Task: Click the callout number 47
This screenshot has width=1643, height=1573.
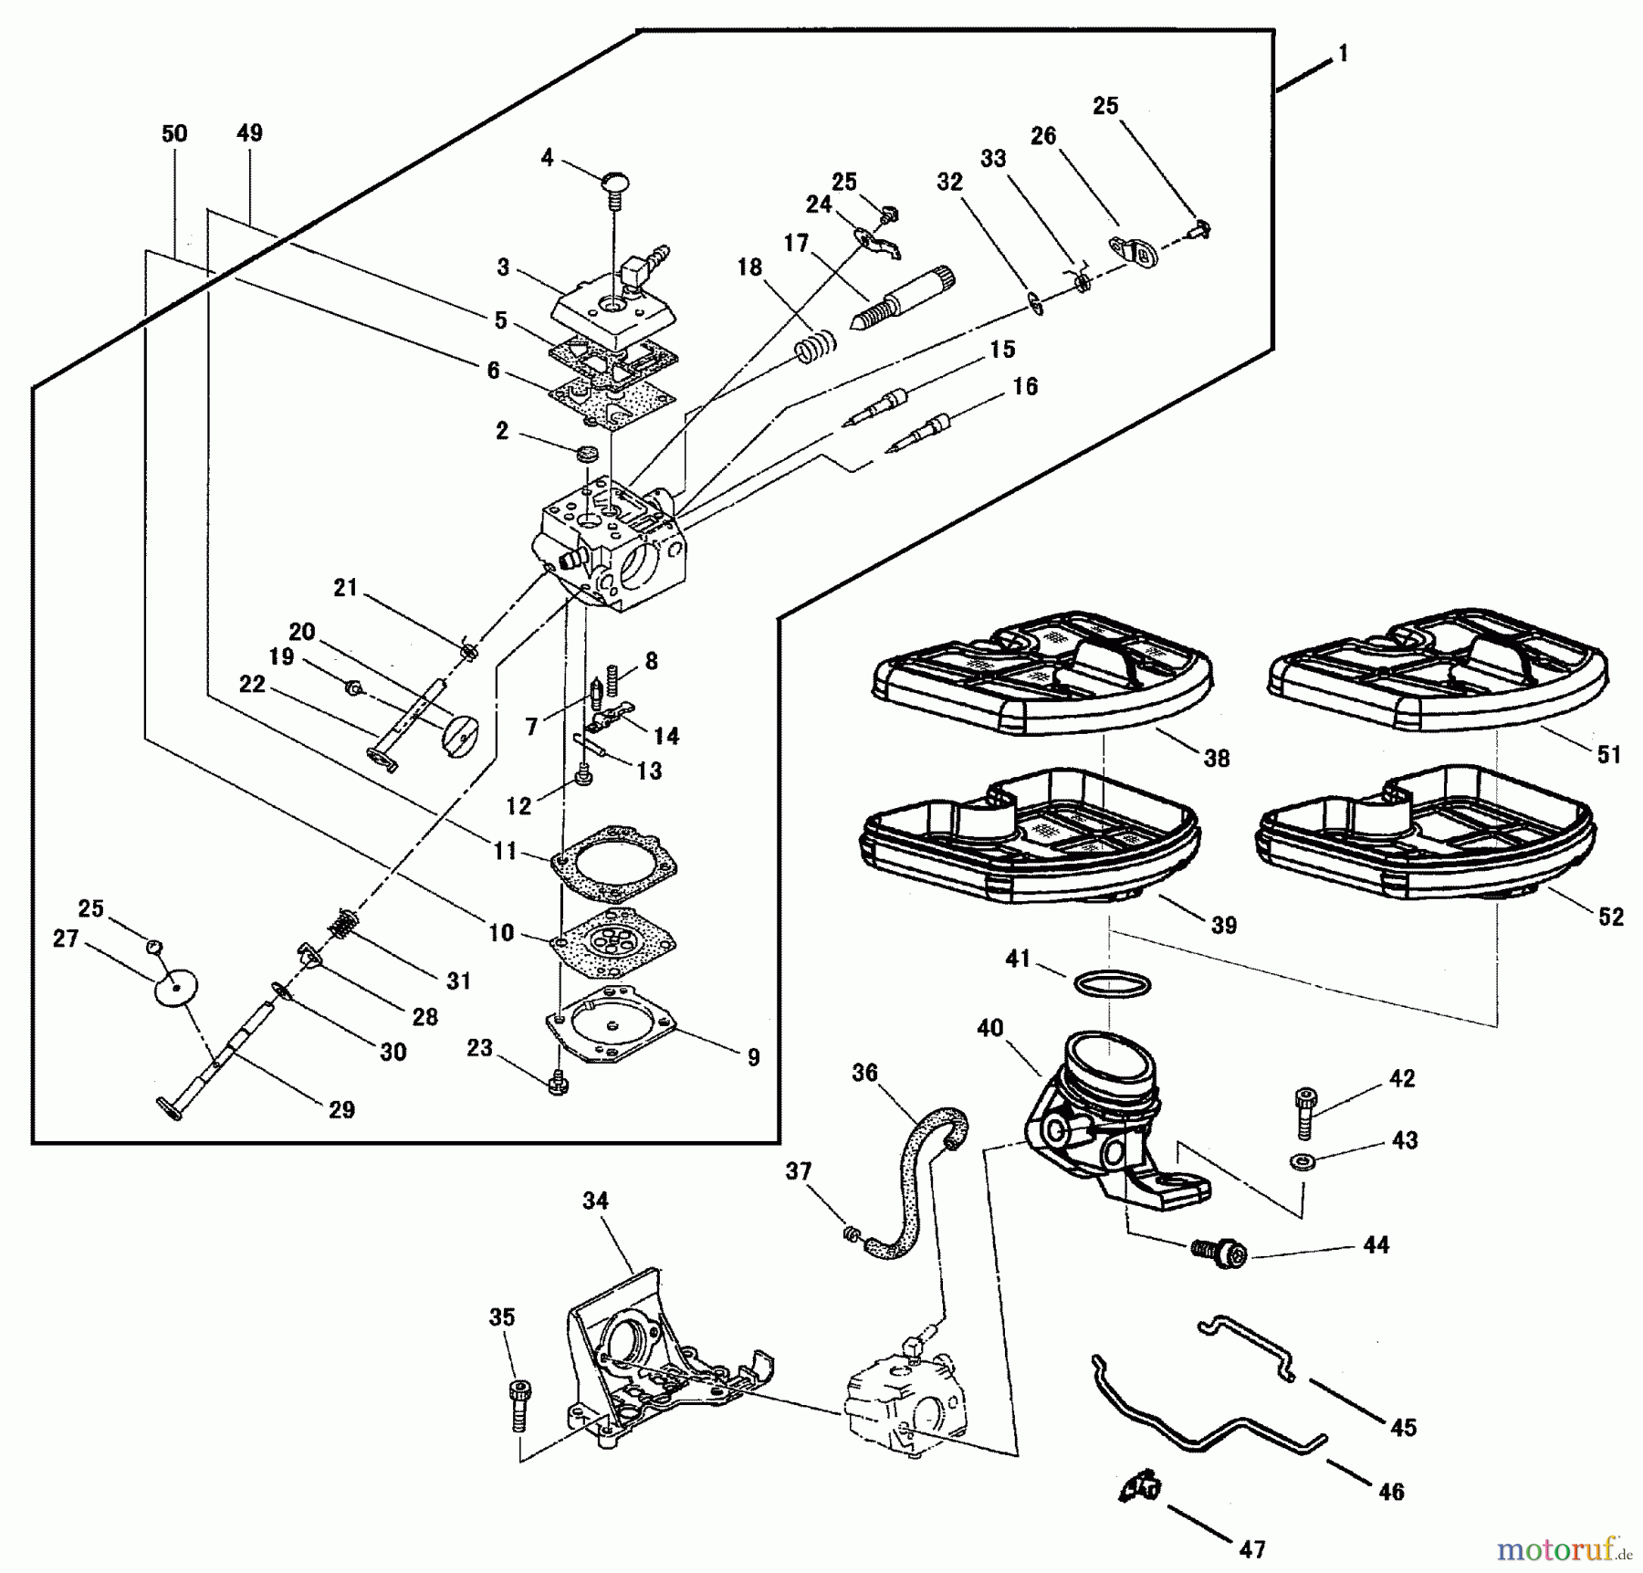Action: (x=1251, y=1549)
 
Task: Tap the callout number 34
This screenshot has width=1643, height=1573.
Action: (x=595, y=1201)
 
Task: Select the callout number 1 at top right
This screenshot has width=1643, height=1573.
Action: (x=1342, y=54)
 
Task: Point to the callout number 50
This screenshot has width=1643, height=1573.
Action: (x=174, y=133)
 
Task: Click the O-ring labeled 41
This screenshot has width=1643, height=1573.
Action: (x=1112, y=985)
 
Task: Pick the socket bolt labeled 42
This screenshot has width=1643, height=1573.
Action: (x=1305, y=1113)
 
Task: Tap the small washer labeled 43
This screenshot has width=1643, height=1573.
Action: (x=1296, y=1162)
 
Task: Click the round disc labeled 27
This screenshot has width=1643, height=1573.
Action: (x=174, y=990)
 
